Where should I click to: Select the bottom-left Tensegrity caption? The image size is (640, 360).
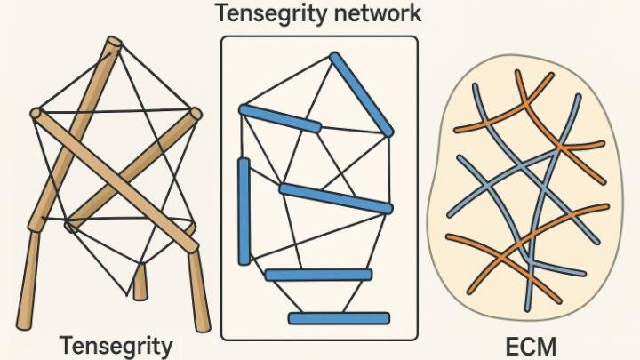pos(115,345)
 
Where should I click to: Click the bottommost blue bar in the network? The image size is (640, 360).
pos(339,317)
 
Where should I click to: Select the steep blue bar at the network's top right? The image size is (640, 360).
pos(362,92)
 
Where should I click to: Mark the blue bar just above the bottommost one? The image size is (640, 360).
pos(317,275)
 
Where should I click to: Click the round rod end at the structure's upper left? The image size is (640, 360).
pos(36,113)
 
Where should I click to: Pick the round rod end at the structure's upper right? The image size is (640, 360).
pos(196,114)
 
